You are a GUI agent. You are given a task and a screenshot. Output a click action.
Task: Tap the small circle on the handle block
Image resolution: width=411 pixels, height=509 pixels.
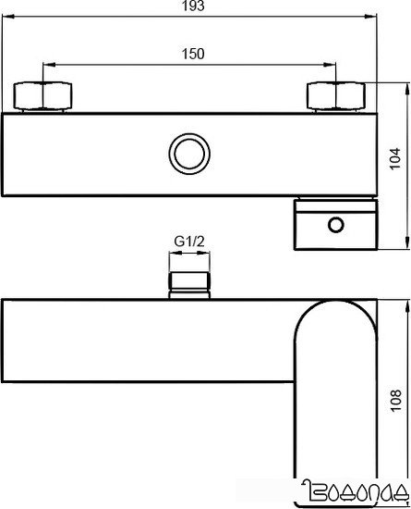tap(336, 223)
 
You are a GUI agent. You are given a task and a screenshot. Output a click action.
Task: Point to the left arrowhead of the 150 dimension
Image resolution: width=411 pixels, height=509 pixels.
tap(47, 64)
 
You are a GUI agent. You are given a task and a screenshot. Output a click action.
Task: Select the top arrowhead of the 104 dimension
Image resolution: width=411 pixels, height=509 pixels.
tap(407, 86)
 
